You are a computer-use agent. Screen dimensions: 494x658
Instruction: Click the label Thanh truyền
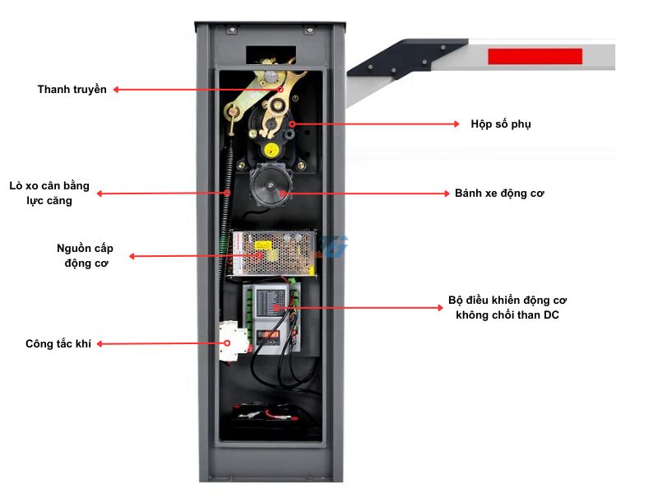coord(72,89)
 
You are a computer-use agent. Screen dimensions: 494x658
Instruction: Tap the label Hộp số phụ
coord(501,123)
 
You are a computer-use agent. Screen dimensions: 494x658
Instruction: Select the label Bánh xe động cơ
coord(500,193)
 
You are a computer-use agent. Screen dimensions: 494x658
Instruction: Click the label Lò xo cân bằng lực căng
coord(49,193)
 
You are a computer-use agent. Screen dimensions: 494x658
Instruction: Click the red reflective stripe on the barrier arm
coord(535,57)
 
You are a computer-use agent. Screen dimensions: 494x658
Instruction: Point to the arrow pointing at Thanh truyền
coord(197,89)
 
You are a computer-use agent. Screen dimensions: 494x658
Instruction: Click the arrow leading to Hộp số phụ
coord(374,123)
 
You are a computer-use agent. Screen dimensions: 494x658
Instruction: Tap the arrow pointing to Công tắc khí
coord(160,344)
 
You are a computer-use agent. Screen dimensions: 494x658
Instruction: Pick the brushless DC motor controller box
coord(276,317)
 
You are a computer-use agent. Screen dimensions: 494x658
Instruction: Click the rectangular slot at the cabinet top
coord(270,54)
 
